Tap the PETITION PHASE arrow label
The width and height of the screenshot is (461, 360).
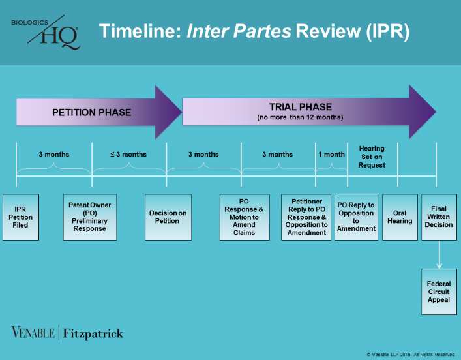click(91, 112)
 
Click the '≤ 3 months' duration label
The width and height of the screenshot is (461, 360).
click(128, 155)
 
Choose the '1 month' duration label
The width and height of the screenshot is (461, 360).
click(331, 155)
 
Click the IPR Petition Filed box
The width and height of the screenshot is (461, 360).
click(24, 217)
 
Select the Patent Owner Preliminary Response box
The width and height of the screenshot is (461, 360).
click(89, 217)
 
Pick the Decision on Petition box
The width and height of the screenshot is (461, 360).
click(168, 217)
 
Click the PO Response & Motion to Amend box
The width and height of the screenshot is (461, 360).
click(245, 217)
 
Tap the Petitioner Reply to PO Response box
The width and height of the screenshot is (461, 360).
click(306, 217)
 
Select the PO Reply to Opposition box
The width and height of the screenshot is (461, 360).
click(356, 217)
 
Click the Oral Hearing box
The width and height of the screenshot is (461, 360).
click(400, 217)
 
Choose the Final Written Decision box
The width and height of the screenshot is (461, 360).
click(439, 217)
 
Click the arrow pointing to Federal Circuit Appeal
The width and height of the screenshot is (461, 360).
click(439, 255)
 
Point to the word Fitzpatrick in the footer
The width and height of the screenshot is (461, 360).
click(93, 334)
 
